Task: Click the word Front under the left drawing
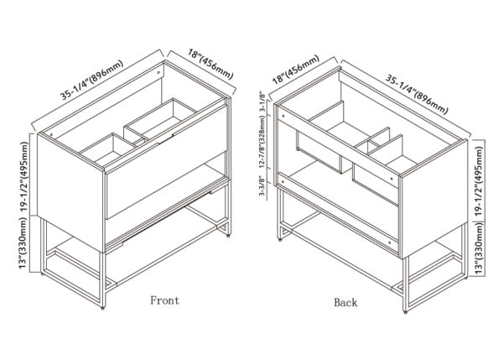click(164, 300)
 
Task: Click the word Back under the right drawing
click(345, 302)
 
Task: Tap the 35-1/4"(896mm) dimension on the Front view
click(92, 80)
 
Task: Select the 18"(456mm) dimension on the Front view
click(210, 64)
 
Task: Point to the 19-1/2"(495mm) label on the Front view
click(25, 176)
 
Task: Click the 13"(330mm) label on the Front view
click(23, 243)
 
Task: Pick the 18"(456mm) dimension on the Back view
click(296, 70)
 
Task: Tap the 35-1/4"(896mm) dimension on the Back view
click(417, 95)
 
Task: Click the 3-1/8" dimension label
click(262, 102)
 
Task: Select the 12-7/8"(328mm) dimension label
click(262, 142)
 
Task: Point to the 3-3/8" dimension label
click(262, 185)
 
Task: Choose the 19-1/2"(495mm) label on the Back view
click(479, 180)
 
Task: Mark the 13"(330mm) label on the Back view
click(479, 248)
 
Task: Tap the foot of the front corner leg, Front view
click(102, 308)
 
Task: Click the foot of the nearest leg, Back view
click(405, 311)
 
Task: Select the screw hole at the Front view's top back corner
click(158, 72)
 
